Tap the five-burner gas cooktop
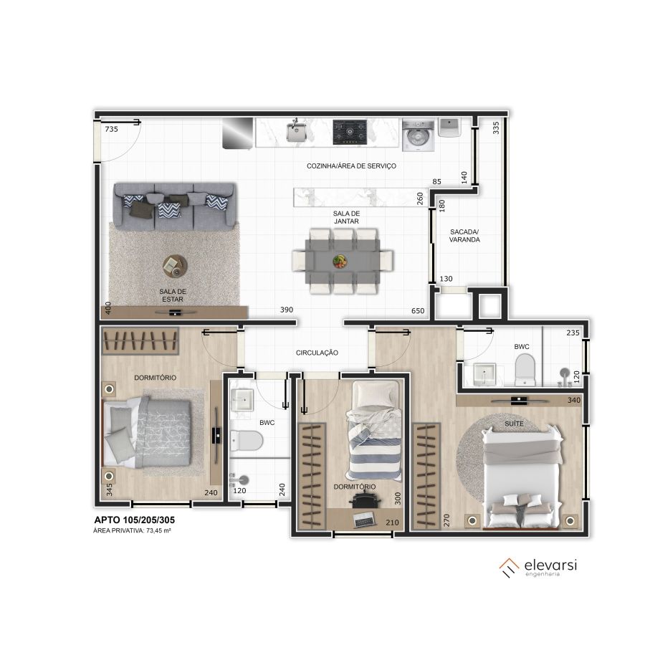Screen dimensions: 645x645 350,132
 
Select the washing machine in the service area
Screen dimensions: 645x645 419,135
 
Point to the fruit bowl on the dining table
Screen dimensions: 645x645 340,261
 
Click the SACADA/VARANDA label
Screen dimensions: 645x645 464,236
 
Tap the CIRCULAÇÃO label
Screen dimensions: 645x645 317,353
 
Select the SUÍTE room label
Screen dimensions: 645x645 514,424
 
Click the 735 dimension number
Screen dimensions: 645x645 112,129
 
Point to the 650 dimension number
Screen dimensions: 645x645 418,310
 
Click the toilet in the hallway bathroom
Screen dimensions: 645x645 246,441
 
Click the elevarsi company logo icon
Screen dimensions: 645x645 510,568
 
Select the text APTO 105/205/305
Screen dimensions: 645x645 135,520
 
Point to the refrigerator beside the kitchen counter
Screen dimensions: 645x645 238,133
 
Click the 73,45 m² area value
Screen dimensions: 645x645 158,530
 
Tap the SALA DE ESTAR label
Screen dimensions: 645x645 173,295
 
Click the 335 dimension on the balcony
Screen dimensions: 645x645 496,128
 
